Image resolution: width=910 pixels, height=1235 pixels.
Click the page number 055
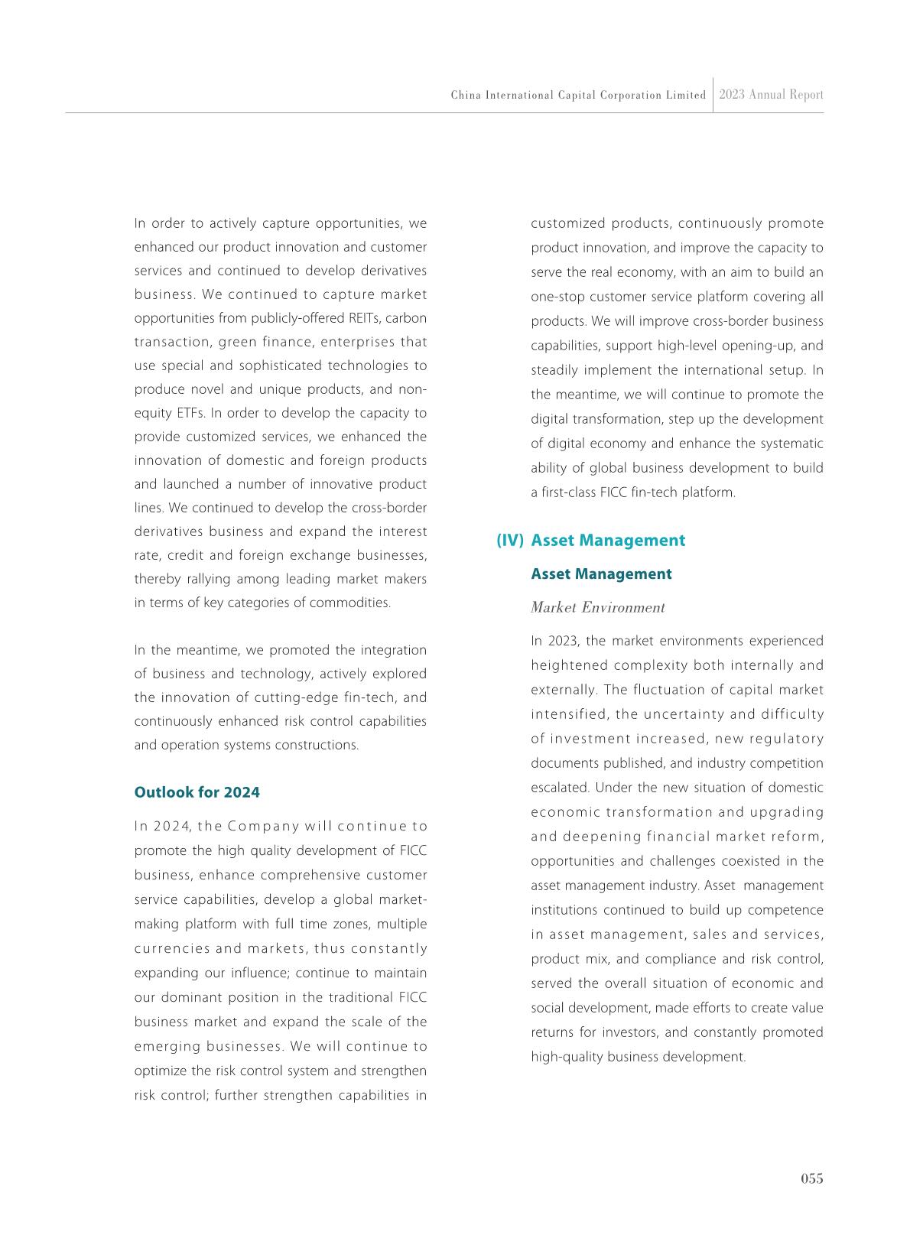tap(812, 1178)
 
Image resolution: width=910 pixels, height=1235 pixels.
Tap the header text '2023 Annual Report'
tap(772, 95)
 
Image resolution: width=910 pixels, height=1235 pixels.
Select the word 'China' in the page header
tap(463, 96)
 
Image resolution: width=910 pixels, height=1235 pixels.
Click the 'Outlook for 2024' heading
tap(197, 792)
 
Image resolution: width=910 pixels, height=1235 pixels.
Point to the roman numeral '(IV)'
tap(510, 541)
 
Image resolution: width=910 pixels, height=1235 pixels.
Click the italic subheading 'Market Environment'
tap(598, 608)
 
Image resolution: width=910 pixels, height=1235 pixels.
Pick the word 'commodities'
tap(355, 603)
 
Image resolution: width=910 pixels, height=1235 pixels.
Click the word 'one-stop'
tap(556, 297)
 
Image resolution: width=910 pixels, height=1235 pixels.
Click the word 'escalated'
tap(559, 788)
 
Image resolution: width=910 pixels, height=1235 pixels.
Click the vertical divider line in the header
tap(713, 95)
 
